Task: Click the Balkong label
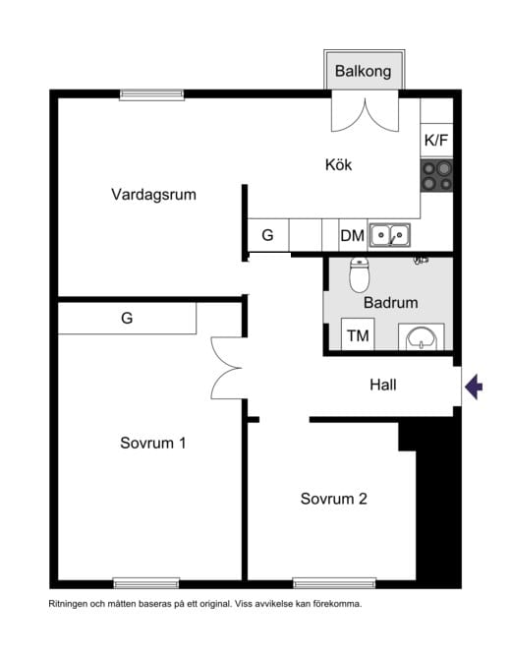[x=363, y=72]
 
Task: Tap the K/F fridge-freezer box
[x=436, y=141]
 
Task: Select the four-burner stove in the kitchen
[x=436, y=175]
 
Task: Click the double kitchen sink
[x=389, y=235]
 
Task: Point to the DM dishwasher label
[x=352, y=236]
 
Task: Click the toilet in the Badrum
[x=360, y=274]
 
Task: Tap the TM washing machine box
[x=358, y=334]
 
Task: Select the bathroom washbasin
[x=422, y=337]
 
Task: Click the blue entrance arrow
[x=474, y=387]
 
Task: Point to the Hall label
[x=383, y=385]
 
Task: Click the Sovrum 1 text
[x=153, y=443]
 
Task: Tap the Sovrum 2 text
[x=334, y=499]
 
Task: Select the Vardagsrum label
[x=154, y=195]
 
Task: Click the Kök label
[x=338, y=164]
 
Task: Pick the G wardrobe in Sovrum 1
[x=127, y=318]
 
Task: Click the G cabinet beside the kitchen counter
[x=268, y=235]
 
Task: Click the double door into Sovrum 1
[x=227, y=368]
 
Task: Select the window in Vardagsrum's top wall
[x=151, y=94]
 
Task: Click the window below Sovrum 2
[x=334, y=583]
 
